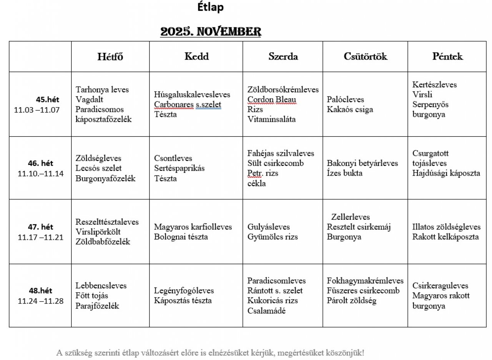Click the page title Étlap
click(x=210, y=7)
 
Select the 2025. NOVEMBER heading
click(x=211, y=32)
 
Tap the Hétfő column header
click(x=110, y=56)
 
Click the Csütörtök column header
click(x=366, y=56)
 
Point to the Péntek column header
click(x=447, y=56)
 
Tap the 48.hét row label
click(x=40, y=291)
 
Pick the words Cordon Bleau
click(x=272, y=100)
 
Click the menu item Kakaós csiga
click(x=350, y=109)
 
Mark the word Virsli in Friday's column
click(x=422, y=95)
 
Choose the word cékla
click(x=256, y=183)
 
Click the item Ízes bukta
click(x=344, y=173)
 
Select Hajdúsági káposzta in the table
click(x=446, y=173)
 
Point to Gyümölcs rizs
click(x=273, y=237)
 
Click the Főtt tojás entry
click(x=92, y=296)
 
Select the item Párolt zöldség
click(x=352, y=301)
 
